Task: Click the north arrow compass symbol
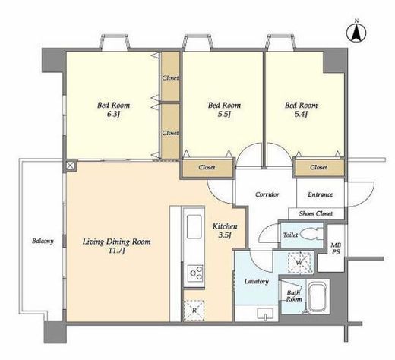click(x=356, y=31)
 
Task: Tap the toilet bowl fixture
click(x=312, y=234)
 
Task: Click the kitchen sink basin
click(x=194, y=226)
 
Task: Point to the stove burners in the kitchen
click(x=194, y=273)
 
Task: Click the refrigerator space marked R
click(x=194, y=310)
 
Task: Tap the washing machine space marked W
click(x=300, y=263)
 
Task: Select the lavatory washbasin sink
click(x=265, y=314)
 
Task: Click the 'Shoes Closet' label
click(x=316, y=213)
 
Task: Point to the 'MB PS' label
click(x=337, y=248)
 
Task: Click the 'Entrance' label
click(x=320, y=194)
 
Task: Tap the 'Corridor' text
click(x=267, y=194)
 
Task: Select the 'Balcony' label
click(x=43, y=241)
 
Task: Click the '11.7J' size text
click(x=116, y=251)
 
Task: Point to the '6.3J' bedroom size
click(x=113, y=115)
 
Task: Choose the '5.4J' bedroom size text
click(x=301, y=115)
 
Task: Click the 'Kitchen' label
click(x=225, y=226)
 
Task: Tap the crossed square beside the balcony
click(x=70, y=166)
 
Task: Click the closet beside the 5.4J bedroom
click(x=319, y=167)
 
